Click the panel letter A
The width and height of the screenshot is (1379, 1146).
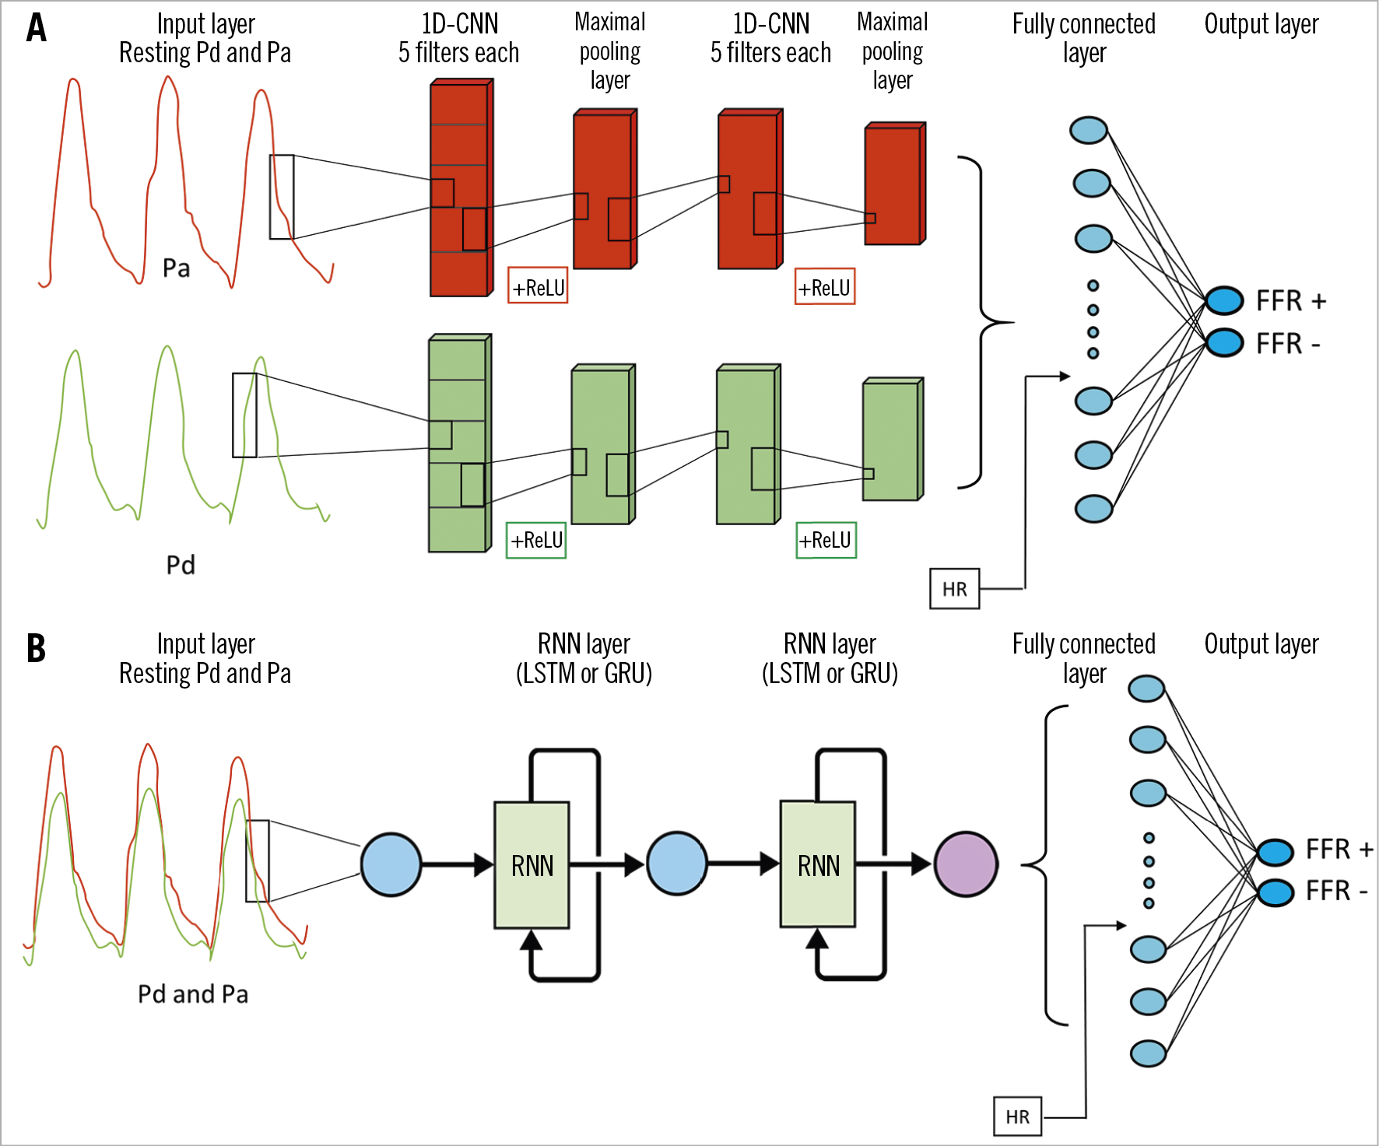pyautogui.click(x=36, y=28)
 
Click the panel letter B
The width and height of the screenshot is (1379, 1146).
pyautogui.click(x=36, y=648)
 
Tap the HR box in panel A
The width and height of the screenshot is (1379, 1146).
pyautogui.click(x=954, y=589)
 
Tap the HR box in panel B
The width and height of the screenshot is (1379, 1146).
pyautogui.click(x=1017, y=1116)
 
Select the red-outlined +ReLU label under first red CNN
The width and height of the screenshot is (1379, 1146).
pyautogui.click(x=538, y=286)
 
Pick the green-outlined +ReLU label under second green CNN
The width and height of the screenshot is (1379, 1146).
pyautogui.click(x=826, y=540)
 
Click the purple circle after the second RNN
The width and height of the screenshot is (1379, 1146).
pyautogui.click(x=966, y=864)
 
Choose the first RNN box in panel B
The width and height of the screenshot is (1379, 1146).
pyautogui.click(x=532, y=865)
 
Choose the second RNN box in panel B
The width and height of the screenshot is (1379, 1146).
pyautogui.click(x=818, y=865)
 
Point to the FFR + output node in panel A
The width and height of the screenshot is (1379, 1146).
pyautogui.click(x=1224, y=300)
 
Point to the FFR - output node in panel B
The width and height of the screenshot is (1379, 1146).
pyautogui.click(x=1275, y=892)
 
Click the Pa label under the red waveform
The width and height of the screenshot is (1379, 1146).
pyautogui.click(x=177, y=268)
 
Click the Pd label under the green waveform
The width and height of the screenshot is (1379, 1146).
pyautogui.click(x=181, y=565)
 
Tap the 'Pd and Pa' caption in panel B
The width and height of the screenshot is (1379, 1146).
pyautogui.click(x=193, y=994)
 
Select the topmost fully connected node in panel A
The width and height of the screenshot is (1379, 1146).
pyautogui.click(x=1088, y=130)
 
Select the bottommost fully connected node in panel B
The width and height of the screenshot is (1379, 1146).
pyautogui.click(x=1147, y=1053)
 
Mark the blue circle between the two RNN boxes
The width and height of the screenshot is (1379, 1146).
pyautogui.click(x=677, y=864)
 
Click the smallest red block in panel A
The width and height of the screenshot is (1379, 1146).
pyautogui.click(x=894, y=184)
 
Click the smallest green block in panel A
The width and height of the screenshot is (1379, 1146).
pyautogui.click(x=892, y=440)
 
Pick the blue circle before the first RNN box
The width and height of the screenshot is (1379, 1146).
pyautogui.click(x=391, y=864)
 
